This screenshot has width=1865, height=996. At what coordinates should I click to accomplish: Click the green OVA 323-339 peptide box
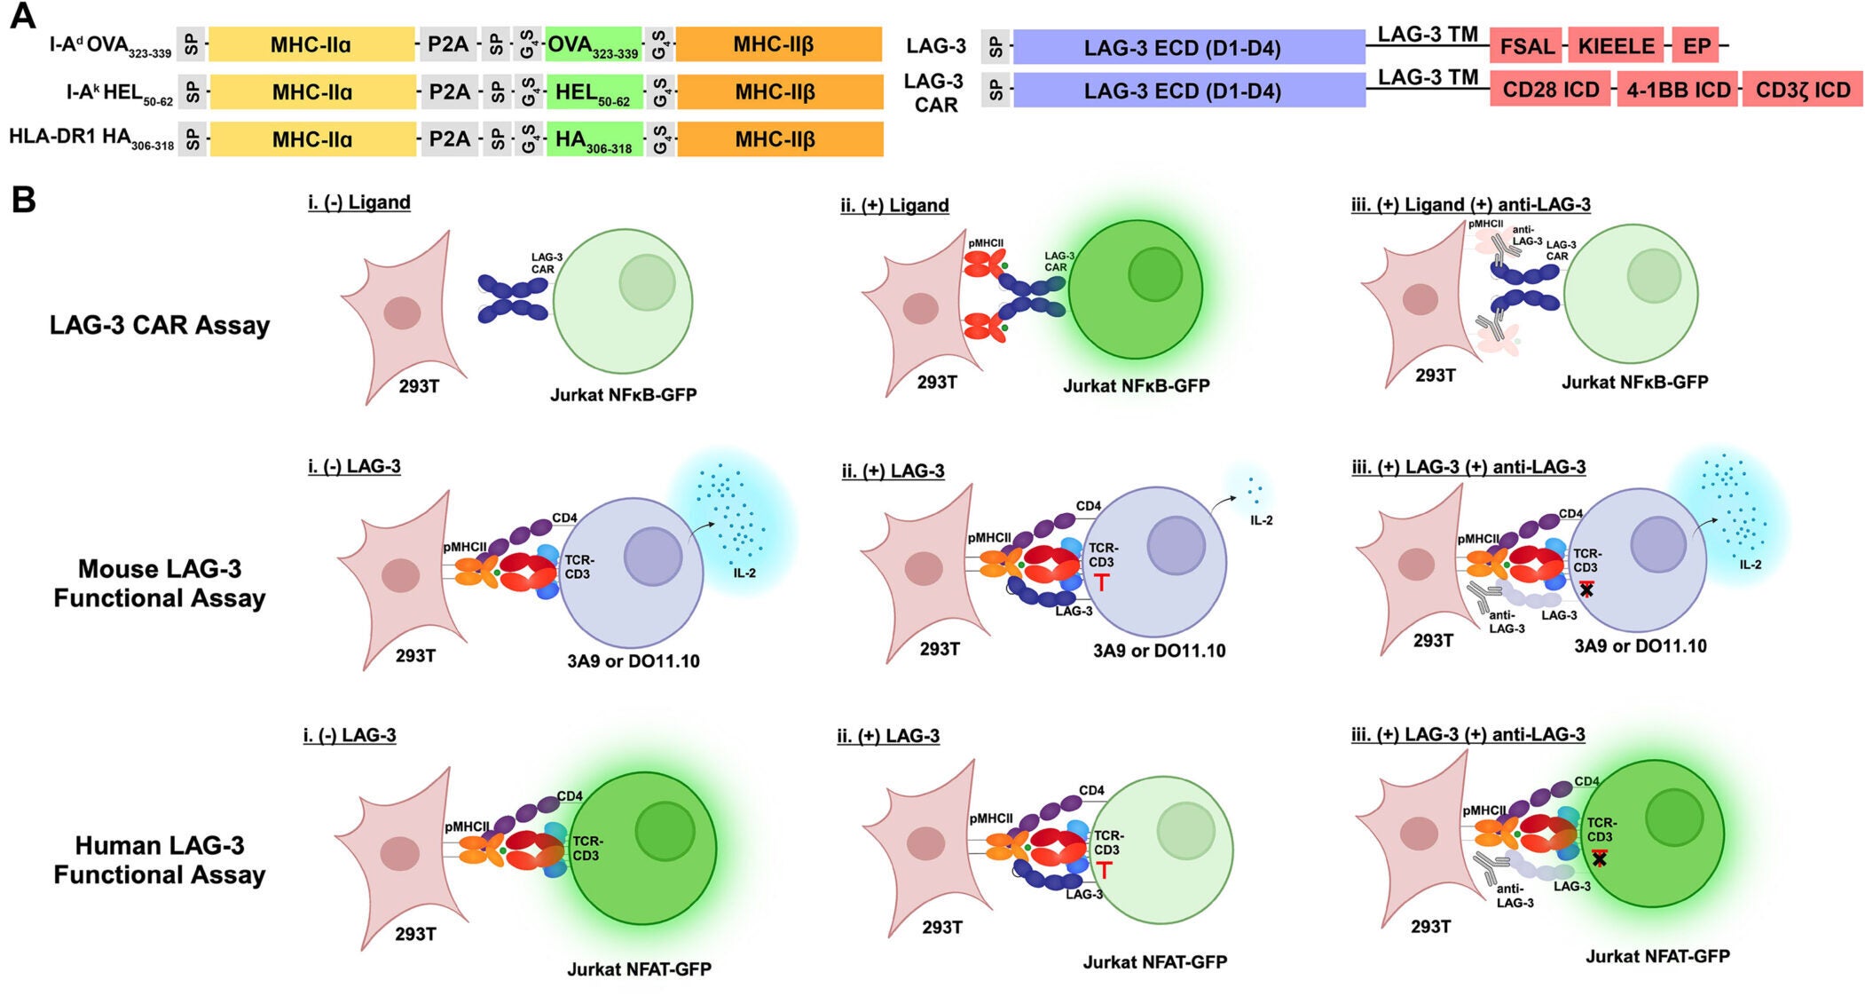click(x=593, y=44)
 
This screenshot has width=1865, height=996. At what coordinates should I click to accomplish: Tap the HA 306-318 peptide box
click(x=593, y=139)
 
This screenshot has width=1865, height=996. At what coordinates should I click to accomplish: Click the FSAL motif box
click(x=1526, y=45)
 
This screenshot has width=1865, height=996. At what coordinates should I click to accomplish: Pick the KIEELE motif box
click(x=1615, y=45)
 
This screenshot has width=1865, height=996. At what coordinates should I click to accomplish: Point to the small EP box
click(x=1696, y=45)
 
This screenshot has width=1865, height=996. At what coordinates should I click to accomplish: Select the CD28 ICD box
click(x=1550, y=90)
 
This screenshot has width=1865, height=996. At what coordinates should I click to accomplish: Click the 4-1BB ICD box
click(x=1678, y=90)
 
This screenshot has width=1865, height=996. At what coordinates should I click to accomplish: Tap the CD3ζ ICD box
click(x=1802, y=90)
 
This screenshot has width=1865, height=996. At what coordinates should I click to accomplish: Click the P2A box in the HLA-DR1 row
click(x=449, y=139)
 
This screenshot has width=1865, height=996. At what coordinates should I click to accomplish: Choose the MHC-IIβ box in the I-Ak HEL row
click(x=779, y=91)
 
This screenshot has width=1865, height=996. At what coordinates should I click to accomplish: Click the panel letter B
click(x=23, y=200)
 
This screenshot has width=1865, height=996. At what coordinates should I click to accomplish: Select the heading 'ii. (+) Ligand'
click(x=894, y=205)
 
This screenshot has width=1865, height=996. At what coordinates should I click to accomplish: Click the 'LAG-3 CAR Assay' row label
click(x=160, y=325)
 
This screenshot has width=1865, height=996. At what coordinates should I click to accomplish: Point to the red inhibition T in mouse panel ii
click(x=1101, y=582)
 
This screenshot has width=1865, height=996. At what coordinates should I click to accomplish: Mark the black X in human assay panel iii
click(x=1599, y=859)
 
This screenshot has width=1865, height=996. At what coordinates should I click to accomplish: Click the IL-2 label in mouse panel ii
click(x=1261, y=520)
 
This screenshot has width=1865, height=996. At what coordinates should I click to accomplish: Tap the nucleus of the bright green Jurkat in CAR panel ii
click(x=1154, y=274)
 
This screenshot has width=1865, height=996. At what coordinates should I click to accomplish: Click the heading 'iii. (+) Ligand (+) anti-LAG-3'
click(x=1470, y=204)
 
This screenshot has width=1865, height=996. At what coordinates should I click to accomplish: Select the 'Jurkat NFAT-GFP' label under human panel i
click(x=639, y=969)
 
